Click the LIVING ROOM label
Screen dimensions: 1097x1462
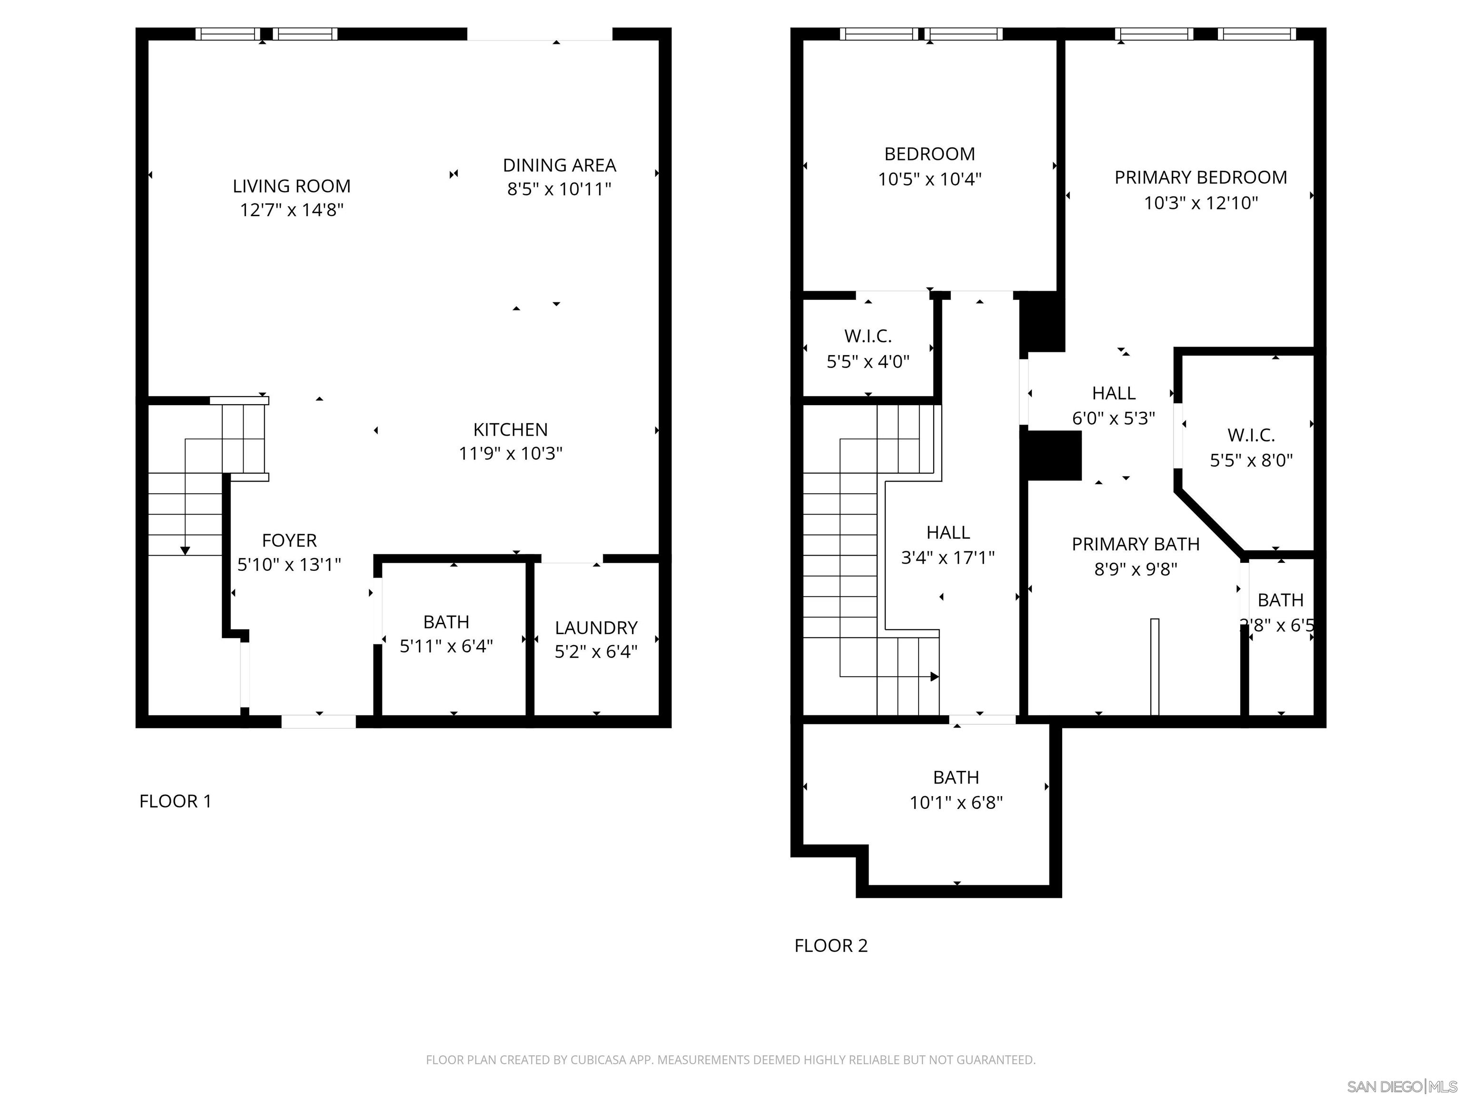tap(291, 186)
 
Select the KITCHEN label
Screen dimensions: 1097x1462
tap(510, 430)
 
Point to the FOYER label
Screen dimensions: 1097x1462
tap(289, 540)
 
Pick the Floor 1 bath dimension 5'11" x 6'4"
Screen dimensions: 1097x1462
tap(446, 646)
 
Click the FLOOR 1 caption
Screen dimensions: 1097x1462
tap(175, 801)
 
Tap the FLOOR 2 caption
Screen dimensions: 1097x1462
tap(831, 946)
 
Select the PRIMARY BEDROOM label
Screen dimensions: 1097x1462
tap(1200, 177)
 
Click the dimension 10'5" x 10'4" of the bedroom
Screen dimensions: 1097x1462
tap(929, 179)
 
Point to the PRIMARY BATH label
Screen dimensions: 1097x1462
tap(1135, 544)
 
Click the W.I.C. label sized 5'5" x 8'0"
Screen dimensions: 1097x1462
tap(1251, 435)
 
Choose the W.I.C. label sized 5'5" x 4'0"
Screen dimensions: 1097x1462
tap(868, 336)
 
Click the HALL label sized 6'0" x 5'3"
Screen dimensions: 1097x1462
tap(1113, 393)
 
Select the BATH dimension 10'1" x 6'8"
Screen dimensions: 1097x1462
tap(956, 803)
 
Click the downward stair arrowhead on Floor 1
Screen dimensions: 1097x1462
tap(185, 551)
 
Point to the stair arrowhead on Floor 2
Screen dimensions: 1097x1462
tap(935, 677)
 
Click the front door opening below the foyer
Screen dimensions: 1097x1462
tap(318, 721)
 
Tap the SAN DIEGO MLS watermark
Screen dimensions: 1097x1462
tap(1401, 1087)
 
